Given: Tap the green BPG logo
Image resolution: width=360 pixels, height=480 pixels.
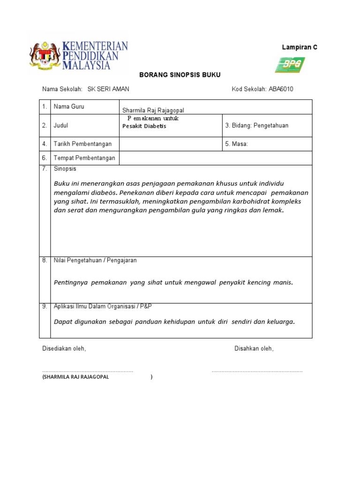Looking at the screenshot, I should click(290, 65).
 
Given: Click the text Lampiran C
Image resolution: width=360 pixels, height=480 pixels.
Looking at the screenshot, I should click(300, 47).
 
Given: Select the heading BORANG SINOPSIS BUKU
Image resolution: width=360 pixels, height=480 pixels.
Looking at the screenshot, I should click(180, 75).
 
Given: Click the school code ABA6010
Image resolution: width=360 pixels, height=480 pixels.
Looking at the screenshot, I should click(281, 89).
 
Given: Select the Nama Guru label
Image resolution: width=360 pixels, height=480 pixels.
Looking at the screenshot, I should click(69, 107).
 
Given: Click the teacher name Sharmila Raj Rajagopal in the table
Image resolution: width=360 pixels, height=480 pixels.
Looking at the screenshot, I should click(153, 110).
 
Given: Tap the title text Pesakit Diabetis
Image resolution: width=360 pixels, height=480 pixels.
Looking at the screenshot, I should click(144, 126).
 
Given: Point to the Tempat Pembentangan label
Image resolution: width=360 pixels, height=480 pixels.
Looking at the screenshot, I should click(84, 158).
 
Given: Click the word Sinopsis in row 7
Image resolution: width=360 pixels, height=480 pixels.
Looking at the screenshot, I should click(65, 169).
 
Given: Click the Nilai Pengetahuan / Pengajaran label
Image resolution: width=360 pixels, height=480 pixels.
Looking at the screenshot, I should click(95, 261).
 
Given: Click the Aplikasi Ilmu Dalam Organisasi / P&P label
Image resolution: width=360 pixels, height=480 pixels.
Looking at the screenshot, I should click(103, 306).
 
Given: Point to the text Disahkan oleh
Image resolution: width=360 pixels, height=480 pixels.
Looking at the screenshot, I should click(254, 349).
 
